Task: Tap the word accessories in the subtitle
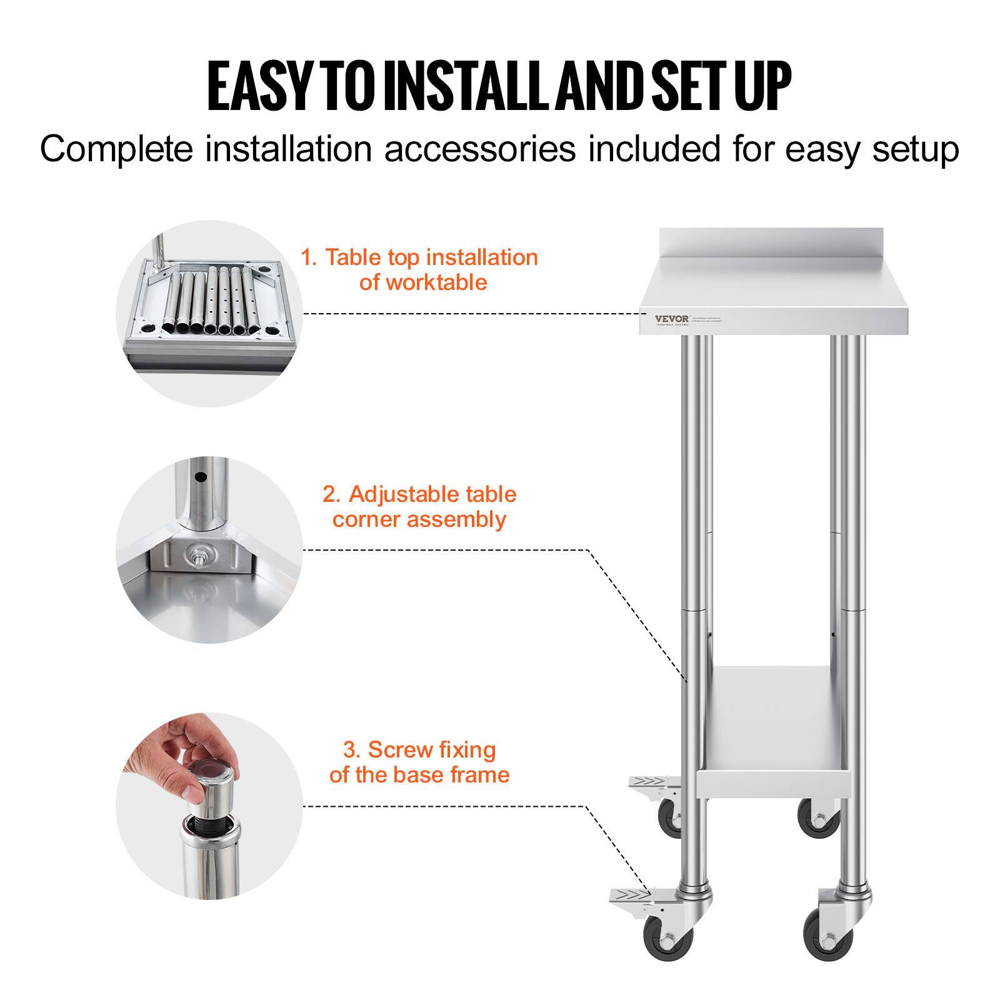(x=479, y=150)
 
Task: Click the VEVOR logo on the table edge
(x=671, y=319)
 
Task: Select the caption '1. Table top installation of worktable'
(x=419, y=269)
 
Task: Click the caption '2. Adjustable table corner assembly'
(x=419, y=506)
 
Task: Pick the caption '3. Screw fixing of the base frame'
(x=419, y=762)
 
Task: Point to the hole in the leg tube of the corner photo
(x=200, y=478)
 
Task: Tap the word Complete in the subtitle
(x=116, y=150)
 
